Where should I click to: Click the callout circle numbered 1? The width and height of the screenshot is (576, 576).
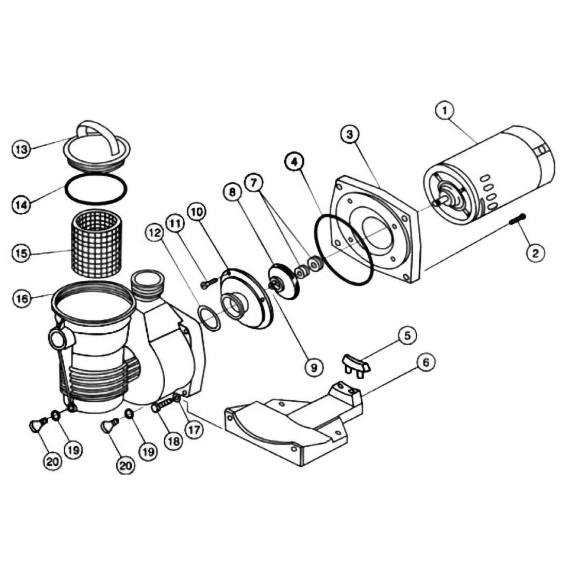[x=444, y=110]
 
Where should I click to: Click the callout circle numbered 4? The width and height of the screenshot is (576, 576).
[x=294, y=162]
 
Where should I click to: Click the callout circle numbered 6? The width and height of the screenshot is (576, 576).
[x=425, y=362]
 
